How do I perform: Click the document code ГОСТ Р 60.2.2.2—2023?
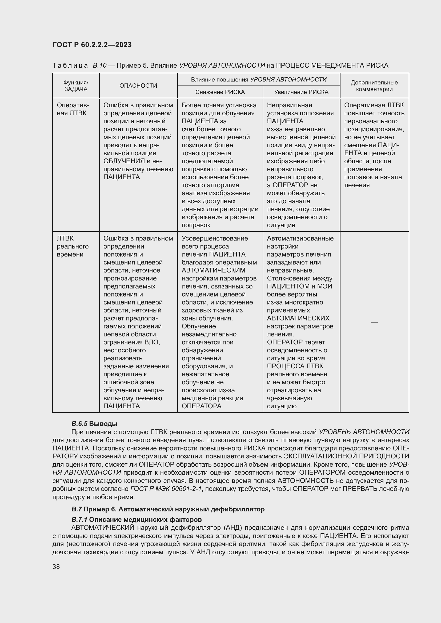coord(92,45)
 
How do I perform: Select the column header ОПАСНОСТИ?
coord(138,85)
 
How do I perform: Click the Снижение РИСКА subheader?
coord(220,92)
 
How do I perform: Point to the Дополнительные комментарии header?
coord(374,86)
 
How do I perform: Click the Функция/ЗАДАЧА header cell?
coord(76,86)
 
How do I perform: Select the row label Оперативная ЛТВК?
coord(73,109)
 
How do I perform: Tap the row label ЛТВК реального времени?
coord(73,246)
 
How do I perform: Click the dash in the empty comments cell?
coord(374,322)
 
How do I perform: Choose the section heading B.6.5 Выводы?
coord(94,424)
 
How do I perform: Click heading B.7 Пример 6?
coord(167,509)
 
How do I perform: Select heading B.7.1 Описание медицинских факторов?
coord(136,520)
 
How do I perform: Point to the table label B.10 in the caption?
coord(99,66)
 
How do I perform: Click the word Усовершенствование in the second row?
coord(215,238)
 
